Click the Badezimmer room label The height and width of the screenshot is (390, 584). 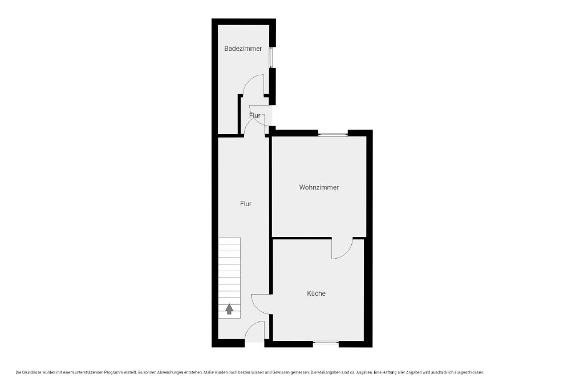tap(243, 49)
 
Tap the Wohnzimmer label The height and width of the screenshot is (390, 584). tap(319, 187)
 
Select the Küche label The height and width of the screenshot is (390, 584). tap(316, 293)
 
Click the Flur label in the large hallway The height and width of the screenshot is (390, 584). tap(245, 204)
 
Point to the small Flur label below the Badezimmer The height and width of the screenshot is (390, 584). tap(255, 115)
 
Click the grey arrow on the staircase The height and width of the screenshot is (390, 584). tap(229, 309)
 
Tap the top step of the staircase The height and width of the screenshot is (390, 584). tap(229, 240)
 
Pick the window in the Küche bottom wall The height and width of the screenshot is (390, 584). tap(326, 342)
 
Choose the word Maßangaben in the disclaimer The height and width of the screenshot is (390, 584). tap(330, 372)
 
